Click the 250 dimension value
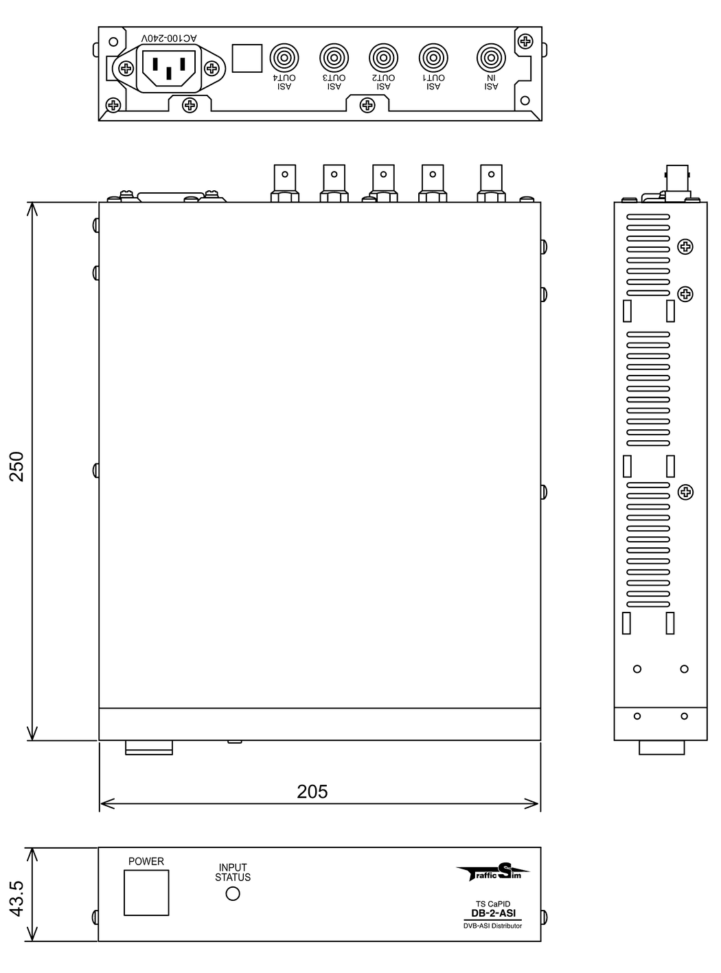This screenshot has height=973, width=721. (16, 466)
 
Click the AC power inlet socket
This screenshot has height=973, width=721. (169, 68)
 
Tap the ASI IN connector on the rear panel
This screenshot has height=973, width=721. (491, 58)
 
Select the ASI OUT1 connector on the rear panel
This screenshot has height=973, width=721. (433, 58)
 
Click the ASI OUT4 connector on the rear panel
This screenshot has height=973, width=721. (284, 58)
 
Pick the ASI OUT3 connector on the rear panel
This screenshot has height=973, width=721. (334, 58)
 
